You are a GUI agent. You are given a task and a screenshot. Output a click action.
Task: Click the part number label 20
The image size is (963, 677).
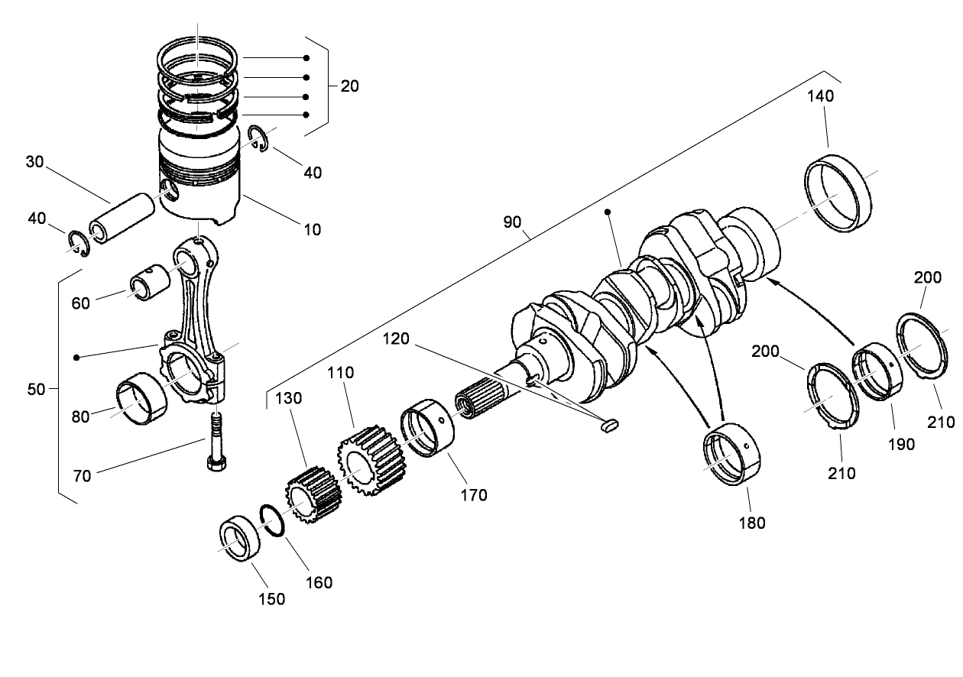pos(349,86)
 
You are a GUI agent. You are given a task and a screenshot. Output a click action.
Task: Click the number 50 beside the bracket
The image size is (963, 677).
pos(36,389)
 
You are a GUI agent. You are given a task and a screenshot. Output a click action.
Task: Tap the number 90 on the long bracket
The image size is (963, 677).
pos(512,222)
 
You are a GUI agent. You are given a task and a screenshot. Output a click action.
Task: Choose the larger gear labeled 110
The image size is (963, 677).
pos(370,460)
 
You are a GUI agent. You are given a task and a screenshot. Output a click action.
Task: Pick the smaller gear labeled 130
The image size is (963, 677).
pos(312,500)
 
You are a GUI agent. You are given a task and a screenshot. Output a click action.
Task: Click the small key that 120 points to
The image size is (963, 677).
pos(609,427)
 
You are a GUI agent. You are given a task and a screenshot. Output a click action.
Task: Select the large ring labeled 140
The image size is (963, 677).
pos(839,192)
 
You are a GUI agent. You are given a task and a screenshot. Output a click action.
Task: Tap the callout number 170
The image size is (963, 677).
pos(473,495)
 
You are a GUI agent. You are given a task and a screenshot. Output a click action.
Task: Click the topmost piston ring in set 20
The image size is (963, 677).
pos(199,55)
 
